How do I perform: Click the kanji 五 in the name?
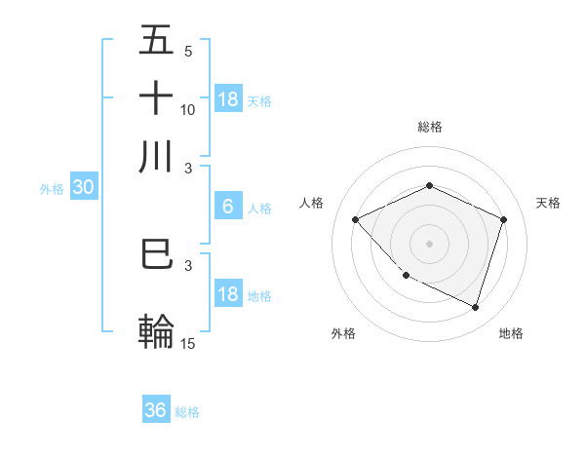click(x=157, y=40)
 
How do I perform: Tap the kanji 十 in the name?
click(x=157, y=98)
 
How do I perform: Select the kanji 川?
click(x=157, y=156)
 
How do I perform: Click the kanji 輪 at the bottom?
click(x=157, y=331)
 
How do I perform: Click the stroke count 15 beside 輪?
click(x=188, y=344)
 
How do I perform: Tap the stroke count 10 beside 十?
click(x=188, y=110)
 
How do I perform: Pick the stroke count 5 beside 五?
click(x=187, y=51)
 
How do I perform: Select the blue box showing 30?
click(x=83, y=188)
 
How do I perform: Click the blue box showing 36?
click(x=156, y=410)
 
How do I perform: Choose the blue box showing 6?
click(x=227, y=206)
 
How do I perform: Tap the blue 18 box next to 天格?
click(x=227, y=98)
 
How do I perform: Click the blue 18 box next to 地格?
click(x=227, y=294)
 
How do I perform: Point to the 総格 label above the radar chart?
click(x=429, y=127)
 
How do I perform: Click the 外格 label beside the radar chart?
click(x=343, y=333)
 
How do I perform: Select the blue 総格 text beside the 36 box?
click(x=187, y=412)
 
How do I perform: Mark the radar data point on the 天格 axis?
click(x=503, y=219)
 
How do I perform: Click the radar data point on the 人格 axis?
click(x=356, y=219)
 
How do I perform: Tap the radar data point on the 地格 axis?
click(x=475, y=307)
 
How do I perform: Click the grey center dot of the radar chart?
click(x=429, y=243)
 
